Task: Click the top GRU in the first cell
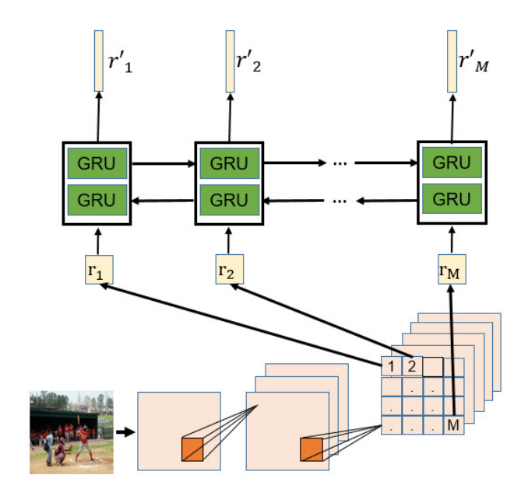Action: click(98, 164)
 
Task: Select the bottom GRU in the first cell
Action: click(98, 200)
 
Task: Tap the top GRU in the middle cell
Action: click(229, 164)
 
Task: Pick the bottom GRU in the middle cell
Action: click(229, 200)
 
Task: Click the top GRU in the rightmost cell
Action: click(452, 164)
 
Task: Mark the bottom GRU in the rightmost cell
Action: click(452, 200)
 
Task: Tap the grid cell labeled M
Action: click(453, 424)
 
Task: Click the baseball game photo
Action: click(72, 431)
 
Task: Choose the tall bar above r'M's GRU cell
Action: click(452, 61)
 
